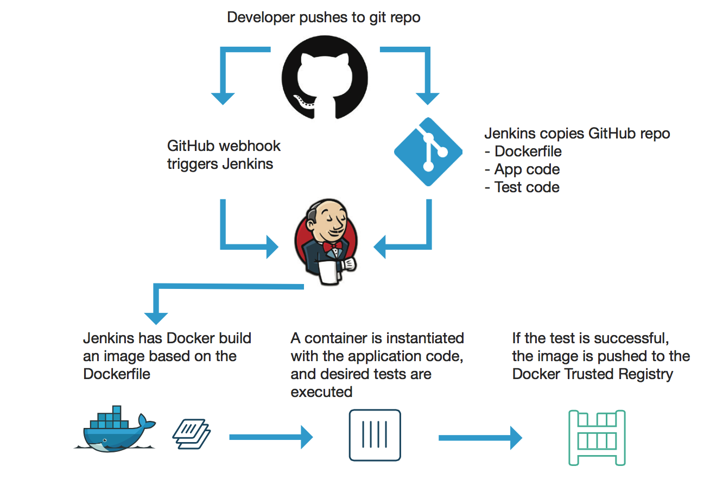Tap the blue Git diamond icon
click(x=428, y=152)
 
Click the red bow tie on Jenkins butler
click(x=333, y=247)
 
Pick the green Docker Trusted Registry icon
click(x=597, y=438)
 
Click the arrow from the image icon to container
click(x=271, y=436)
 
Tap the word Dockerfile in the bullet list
click(x=528, y=152)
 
